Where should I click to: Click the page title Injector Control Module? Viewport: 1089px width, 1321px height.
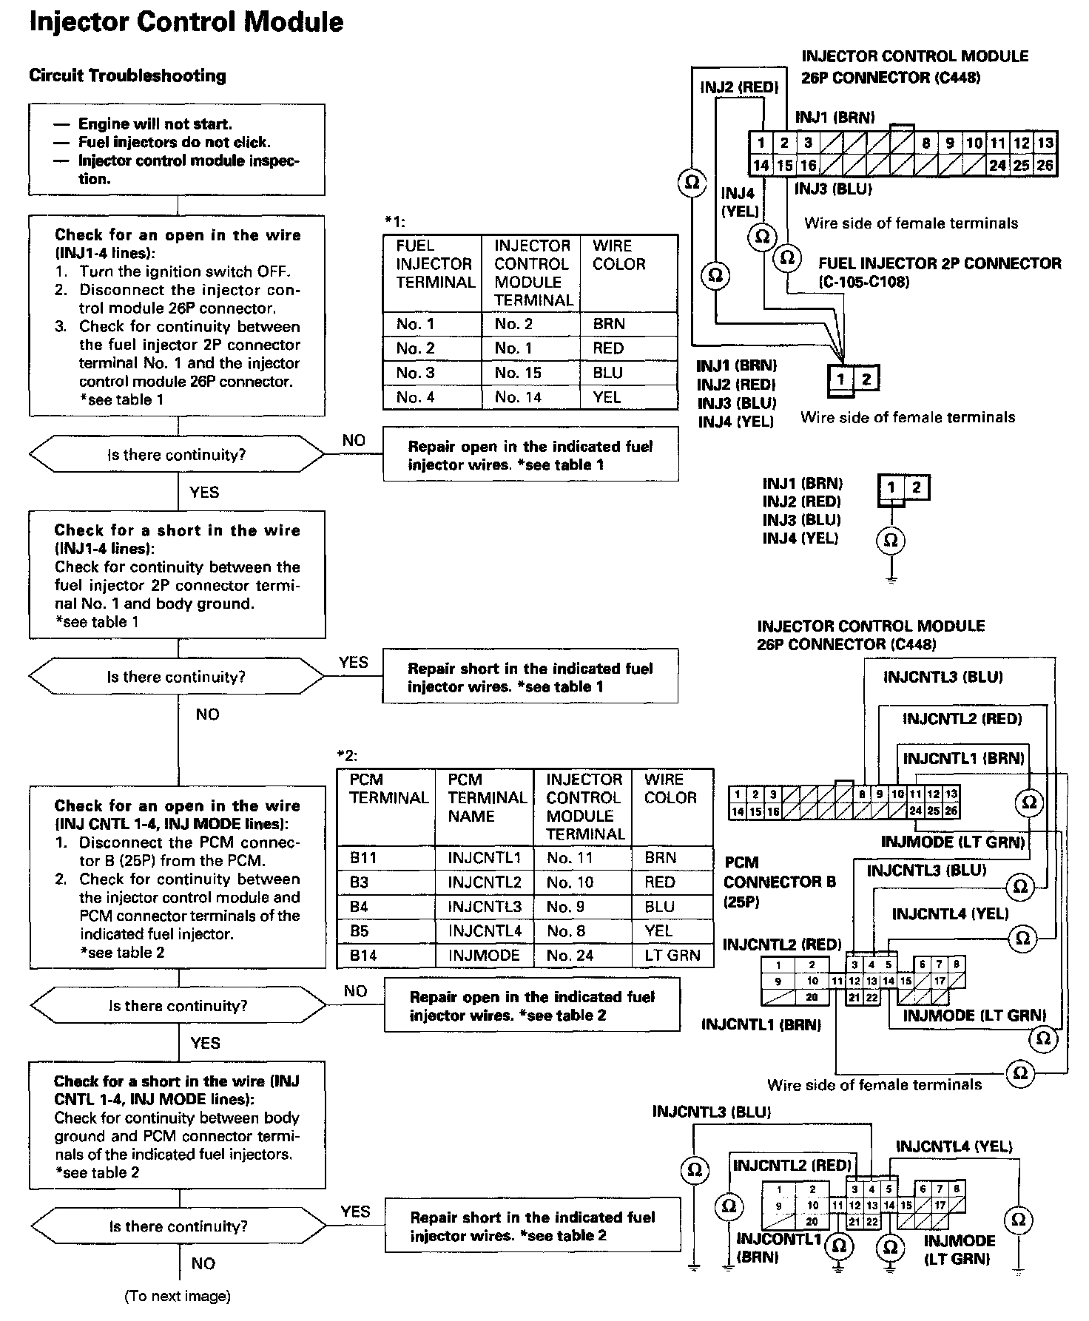click(186, 22)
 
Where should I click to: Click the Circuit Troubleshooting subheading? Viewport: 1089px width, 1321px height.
click(127, 75)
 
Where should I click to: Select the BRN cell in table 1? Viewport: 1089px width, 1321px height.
click(609, 324)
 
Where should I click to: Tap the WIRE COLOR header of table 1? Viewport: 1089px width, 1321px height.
click(619, 255)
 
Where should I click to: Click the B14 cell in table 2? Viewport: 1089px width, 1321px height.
click(363, 955)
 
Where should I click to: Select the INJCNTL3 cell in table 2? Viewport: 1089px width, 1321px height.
click(485, 906)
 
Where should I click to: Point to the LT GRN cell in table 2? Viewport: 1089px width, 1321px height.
click(672, 955)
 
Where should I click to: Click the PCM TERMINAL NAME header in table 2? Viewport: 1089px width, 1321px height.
click(487, 797)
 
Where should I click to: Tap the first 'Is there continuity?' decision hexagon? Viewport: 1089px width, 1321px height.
click(176, 455)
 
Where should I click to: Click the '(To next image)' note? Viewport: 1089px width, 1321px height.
click(178, 1296)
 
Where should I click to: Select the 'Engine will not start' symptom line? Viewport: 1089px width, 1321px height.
click(155, 124)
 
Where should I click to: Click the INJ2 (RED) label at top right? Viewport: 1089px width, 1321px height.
click(739, 88)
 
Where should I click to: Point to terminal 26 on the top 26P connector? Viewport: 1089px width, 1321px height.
click(1045, 165)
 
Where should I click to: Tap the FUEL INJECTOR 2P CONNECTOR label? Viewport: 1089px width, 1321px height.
click(939, 263)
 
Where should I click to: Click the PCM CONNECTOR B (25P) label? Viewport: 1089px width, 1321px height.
click(779, 882)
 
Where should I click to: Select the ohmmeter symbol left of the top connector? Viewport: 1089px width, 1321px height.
click(692, 182)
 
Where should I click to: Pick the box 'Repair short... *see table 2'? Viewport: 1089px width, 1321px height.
click(532, 1226)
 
